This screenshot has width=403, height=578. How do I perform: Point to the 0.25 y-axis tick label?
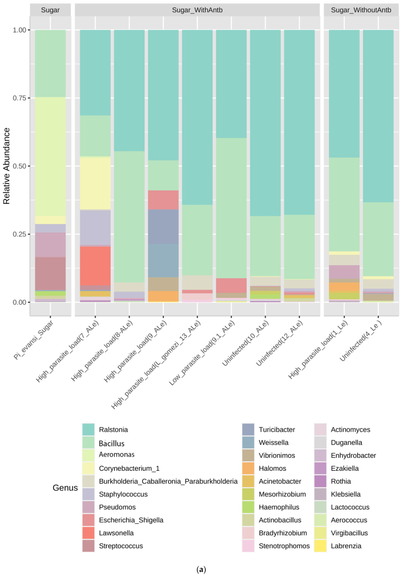(19, 234)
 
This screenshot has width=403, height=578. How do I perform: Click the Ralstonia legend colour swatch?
(88, 430)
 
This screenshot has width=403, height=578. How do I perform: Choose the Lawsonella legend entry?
(116, 533)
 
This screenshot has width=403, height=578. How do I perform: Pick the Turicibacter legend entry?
(277, 430)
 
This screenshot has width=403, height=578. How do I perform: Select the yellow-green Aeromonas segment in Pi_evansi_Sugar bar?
(50, 156)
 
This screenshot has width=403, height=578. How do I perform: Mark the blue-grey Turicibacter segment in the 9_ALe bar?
(163, 227)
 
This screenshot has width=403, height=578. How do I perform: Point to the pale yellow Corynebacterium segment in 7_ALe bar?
(95, 183)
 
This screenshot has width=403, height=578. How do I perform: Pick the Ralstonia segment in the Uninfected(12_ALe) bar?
(299, 122)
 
